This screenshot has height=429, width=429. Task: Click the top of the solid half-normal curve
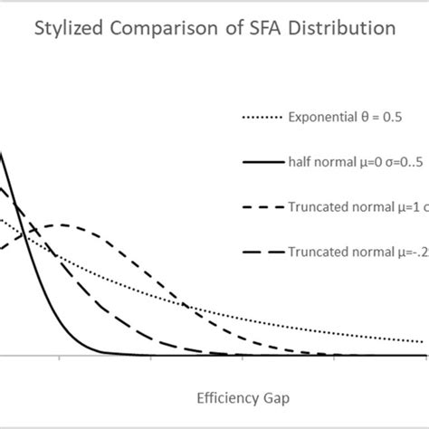(2, 154)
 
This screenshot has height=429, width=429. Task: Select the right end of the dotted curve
(422, 342)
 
